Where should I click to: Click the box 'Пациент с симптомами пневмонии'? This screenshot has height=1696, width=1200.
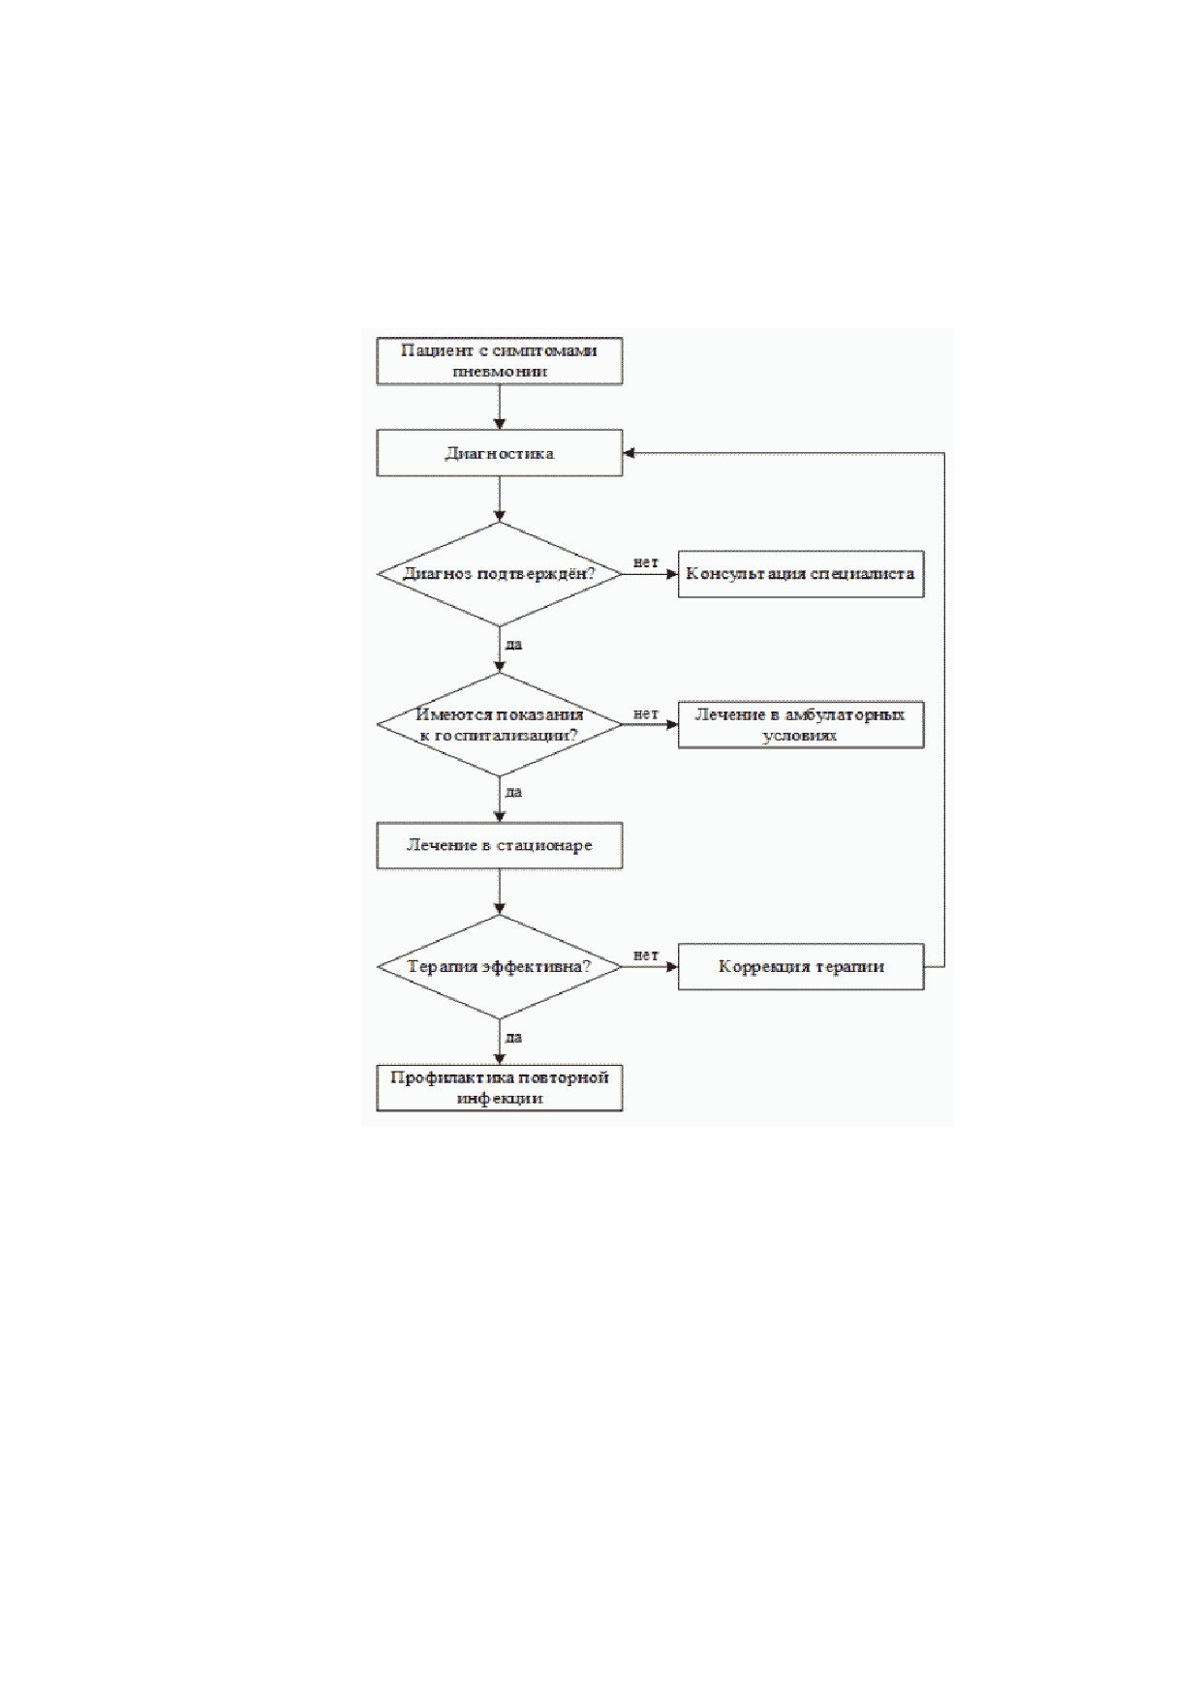[499, 361]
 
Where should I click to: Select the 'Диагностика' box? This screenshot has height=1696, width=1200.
[499, 453]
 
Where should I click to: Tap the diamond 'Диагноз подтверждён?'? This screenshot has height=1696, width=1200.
[499, 574]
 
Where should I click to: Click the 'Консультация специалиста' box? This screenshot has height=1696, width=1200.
[801, 574]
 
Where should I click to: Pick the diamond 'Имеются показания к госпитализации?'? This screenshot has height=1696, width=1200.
[499, 724]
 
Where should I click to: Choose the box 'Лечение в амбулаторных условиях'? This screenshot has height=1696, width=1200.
[801, 725]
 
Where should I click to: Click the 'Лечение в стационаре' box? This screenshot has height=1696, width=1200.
[499, 846]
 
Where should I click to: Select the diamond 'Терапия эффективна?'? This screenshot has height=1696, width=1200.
[499, 966]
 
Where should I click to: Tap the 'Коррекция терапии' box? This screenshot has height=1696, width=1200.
[801, 966]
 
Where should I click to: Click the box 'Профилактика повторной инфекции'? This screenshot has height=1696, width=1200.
[499, 1088]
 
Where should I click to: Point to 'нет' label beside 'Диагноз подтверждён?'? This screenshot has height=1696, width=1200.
[646, 562]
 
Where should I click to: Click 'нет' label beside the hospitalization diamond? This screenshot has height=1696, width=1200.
[646, 713]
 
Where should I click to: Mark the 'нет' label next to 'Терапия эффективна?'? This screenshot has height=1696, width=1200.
[646, 955]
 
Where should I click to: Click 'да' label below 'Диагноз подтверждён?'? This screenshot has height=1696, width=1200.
[513, 644]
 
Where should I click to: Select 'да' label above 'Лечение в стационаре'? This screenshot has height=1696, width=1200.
[513, 792]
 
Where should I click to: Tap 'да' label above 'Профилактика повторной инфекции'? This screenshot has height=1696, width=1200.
[513, 1037]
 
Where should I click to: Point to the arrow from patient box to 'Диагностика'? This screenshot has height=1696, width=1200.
[500, 408]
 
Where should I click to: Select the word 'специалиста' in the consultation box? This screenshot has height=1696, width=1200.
[862, 574]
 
